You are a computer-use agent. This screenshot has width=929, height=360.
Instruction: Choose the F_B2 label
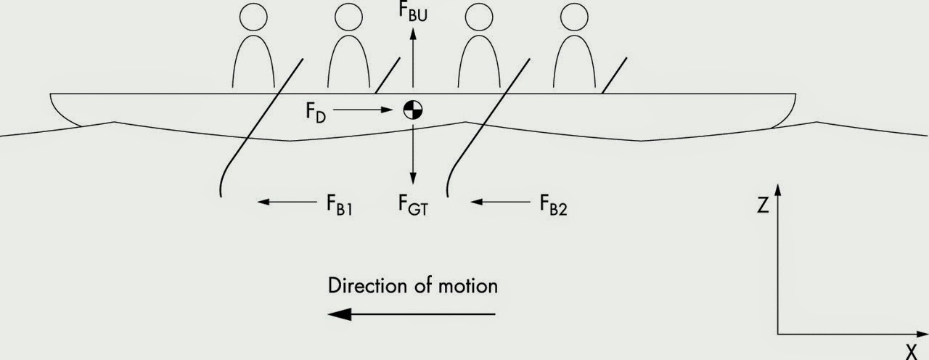tap(552, 203)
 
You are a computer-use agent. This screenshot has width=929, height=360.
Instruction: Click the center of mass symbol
tap(413, 110)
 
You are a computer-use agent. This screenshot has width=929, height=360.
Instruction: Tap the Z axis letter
tap(763, 206)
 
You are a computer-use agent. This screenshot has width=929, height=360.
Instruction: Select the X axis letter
tap(911, 351)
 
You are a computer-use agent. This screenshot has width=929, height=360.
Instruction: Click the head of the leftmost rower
tap(254, 15)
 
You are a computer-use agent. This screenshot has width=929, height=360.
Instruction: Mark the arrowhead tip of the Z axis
tap(778, 184)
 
